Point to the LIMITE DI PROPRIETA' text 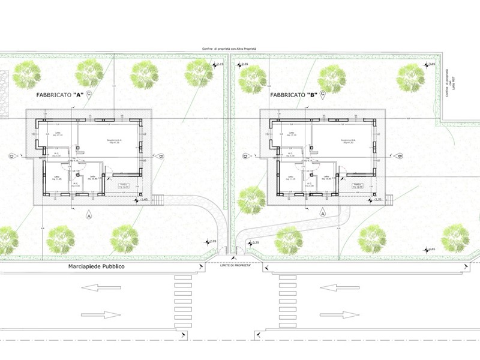233,265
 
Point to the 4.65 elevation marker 430,248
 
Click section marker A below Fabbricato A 89,214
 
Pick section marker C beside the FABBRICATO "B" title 323,94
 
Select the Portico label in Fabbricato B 358,185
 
